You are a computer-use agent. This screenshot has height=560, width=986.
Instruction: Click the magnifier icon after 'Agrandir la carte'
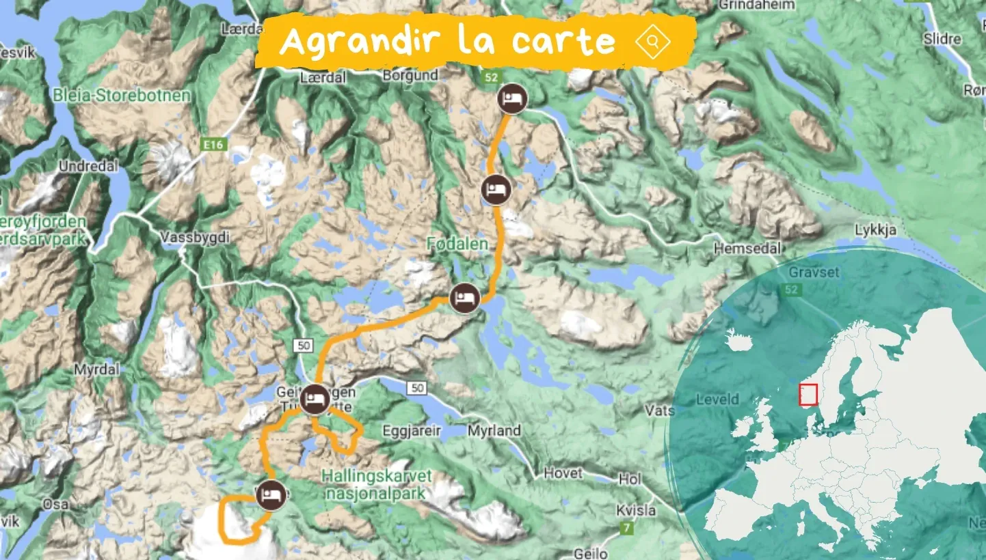653,42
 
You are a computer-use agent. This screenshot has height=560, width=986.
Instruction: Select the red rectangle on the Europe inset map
808,395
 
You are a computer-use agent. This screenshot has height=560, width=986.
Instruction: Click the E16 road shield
214,145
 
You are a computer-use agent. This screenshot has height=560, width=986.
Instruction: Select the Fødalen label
457,244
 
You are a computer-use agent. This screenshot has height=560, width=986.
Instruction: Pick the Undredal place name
88,166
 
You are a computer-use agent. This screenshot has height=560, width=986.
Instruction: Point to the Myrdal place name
96,369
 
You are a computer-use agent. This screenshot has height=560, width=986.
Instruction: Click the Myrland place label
494,431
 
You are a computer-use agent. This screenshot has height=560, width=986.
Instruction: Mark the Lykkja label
875,230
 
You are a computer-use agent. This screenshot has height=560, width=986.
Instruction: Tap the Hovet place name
563,473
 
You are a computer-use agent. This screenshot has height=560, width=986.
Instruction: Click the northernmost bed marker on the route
512,100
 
